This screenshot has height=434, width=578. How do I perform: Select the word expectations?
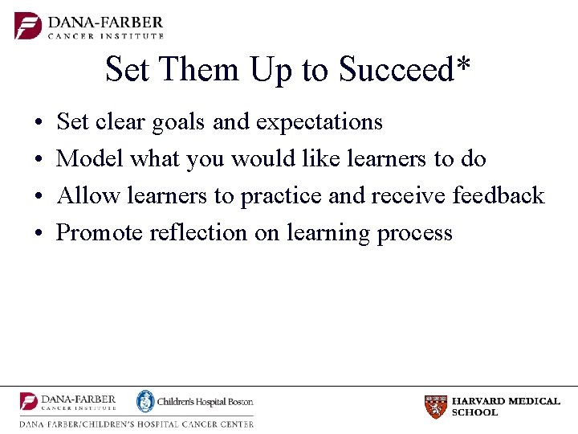(x=319, y=123)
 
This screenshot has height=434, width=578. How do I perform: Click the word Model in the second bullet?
(x=91, y=159)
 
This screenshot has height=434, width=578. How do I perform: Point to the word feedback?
(x=499, y=195)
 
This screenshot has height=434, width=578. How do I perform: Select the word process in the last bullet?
(x=415, y=234)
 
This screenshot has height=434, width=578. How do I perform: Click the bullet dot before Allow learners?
(x=39, y=196)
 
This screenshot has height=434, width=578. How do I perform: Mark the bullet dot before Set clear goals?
(x=39, y=123)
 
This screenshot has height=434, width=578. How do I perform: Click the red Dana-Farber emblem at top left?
(x=28, y=25)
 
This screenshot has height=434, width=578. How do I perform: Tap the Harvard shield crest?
(x=435, y=407)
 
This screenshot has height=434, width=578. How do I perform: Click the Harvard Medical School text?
(x=505, y=407)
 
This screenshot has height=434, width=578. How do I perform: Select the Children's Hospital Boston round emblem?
(x=144, y=401)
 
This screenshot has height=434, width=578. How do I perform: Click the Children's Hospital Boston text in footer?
(x=205, y=402)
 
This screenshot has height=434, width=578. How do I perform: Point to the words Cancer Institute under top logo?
(x=106, y=35)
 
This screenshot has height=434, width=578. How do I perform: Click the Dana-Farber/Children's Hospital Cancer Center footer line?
(x=136, y=424)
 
